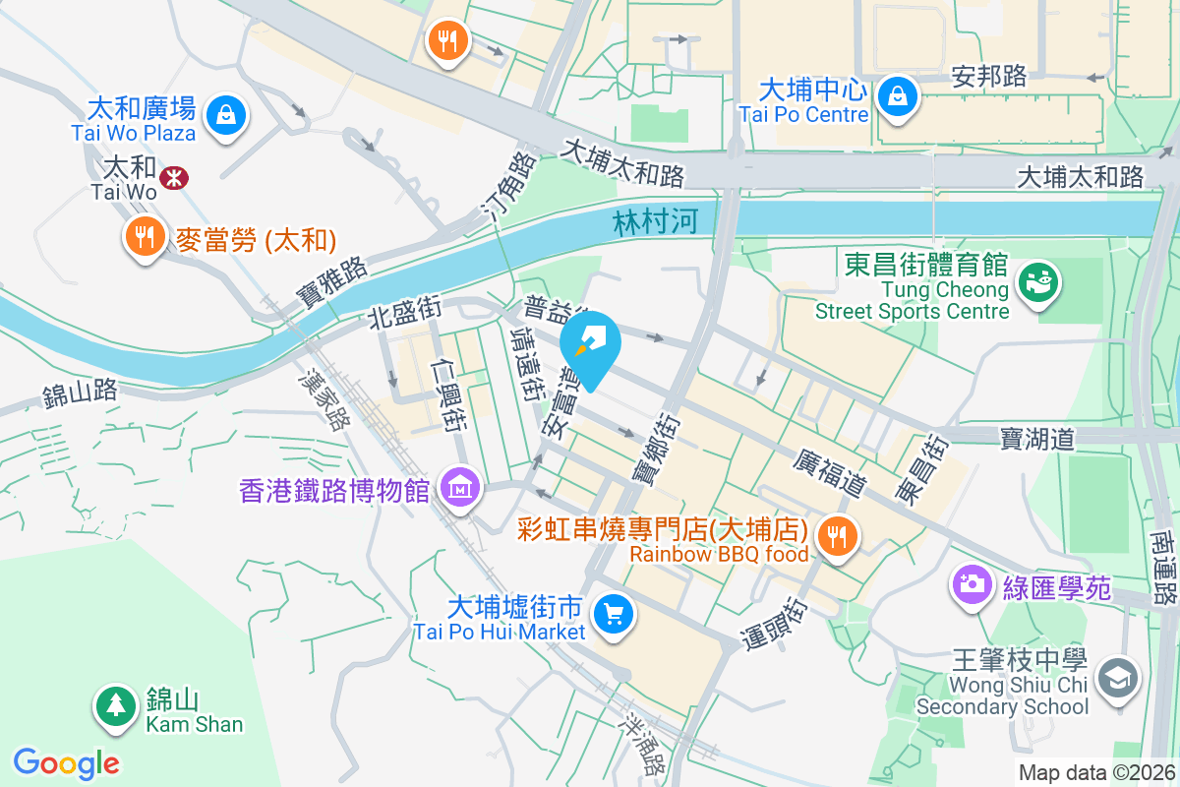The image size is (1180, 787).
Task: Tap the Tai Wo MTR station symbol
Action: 175,177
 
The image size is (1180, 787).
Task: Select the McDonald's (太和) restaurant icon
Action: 145,236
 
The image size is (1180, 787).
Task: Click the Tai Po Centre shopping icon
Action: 899,96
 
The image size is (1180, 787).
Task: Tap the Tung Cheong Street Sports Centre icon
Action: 1037,283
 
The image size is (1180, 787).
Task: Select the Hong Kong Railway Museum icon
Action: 459,486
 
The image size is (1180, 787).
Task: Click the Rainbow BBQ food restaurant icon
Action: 838,536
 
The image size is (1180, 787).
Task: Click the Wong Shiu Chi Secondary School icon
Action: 1119,679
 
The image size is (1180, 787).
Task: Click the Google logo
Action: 67,762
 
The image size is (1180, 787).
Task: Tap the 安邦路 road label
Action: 989,77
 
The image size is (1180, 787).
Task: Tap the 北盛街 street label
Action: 404,314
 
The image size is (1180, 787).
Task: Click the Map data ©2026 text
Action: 1096,773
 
